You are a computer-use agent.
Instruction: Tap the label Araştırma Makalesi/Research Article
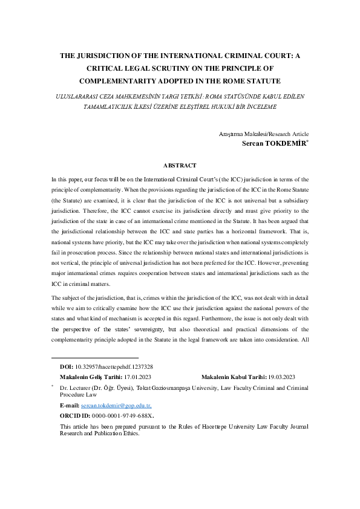pyautogui.click(x=263, y=134)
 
